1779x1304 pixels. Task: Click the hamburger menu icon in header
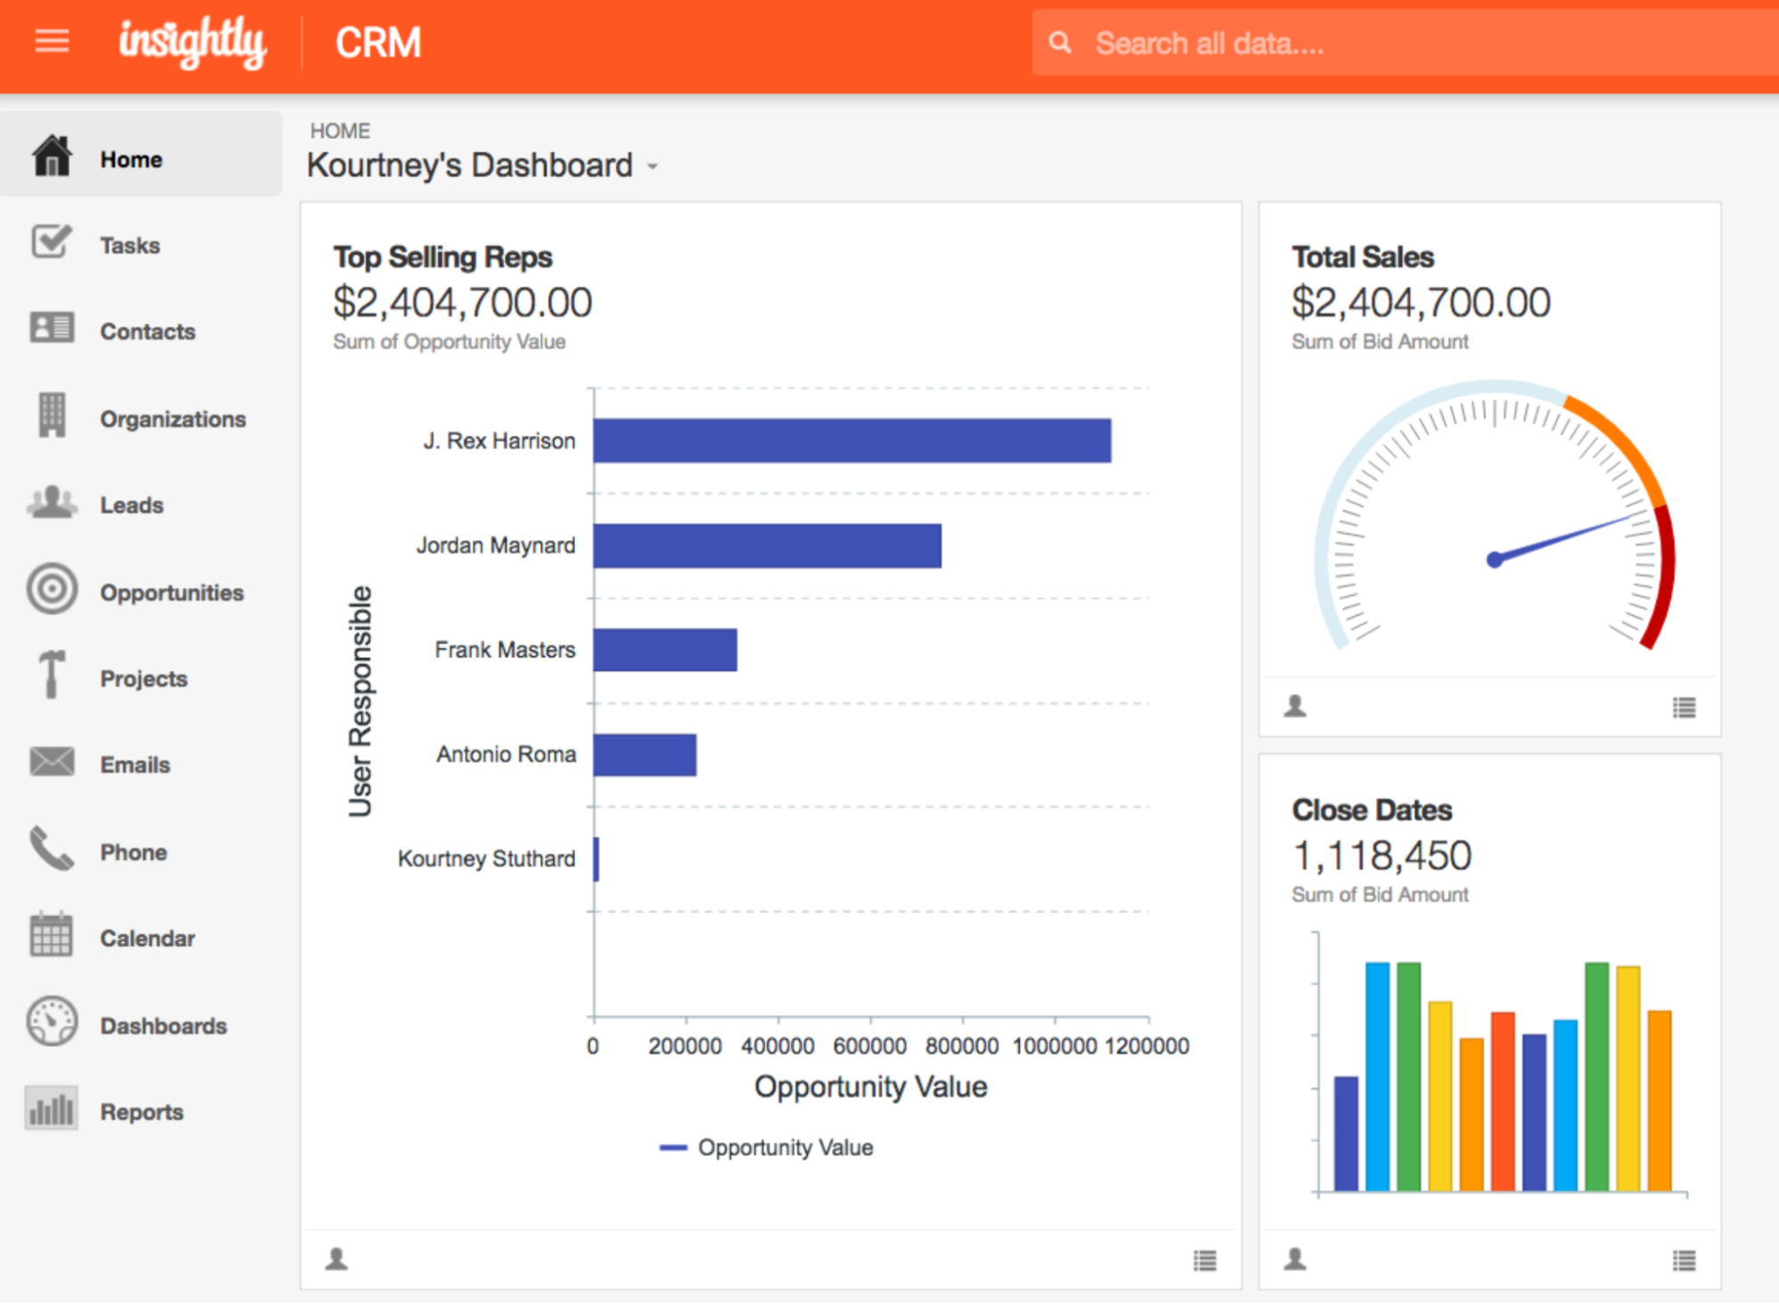52,41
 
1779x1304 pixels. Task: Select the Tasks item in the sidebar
130,246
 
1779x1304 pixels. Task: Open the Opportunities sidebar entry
171,592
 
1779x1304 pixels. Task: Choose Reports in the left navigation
142,1112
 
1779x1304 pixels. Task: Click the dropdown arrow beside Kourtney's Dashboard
652,166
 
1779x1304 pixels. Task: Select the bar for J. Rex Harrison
852,441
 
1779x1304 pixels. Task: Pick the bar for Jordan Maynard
766,545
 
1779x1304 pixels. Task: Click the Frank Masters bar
665,650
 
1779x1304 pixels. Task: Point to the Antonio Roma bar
644,755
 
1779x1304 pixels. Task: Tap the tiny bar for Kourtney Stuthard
596,859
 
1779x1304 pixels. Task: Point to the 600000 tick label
869,1046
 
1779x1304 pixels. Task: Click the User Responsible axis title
360,701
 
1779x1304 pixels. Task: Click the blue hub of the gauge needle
1495,559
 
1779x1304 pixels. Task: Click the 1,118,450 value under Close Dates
1381,856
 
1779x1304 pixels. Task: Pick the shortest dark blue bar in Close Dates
1346,1133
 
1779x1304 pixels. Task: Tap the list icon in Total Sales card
1684,708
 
